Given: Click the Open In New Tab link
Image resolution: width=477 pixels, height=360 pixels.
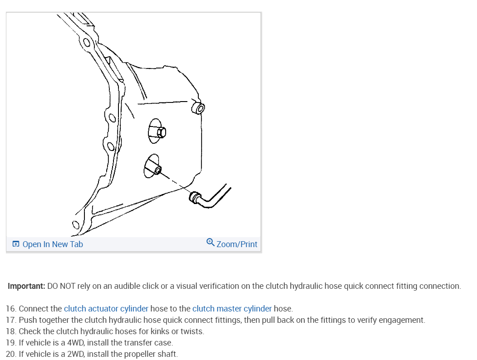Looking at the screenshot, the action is point(48,244).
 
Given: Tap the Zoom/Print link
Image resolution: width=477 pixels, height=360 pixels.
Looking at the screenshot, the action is point(232,244).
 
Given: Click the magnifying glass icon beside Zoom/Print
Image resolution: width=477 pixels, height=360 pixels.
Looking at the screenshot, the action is point(210,242).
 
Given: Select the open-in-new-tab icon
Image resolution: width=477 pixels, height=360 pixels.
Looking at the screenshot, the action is point(16,244).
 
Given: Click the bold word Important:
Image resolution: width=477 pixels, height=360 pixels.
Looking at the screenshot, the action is point(26,286).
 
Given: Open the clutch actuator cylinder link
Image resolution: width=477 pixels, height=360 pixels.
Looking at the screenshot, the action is point(106,309).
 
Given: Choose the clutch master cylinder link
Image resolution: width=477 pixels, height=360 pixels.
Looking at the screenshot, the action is point(232,309).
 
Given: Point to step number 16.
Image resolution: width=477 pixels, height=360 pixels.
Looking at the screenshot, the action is point(11,309).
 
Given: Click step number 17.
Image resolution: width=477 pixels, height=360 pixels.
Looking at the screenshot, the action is point(11,320).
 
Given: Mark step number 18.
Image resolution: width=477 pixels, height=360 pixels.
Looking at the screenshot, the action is point(11,331).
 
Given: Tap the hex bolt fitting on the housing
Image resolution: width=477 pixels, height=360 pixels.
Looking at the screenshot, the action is point(161,132).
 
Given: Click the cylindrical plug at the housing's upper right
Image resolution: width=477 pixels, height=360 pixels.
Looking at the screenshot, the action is point(198,108).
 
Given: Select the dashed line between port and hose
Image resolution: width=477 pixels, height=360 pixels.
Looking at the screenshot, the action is point(175,181).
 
